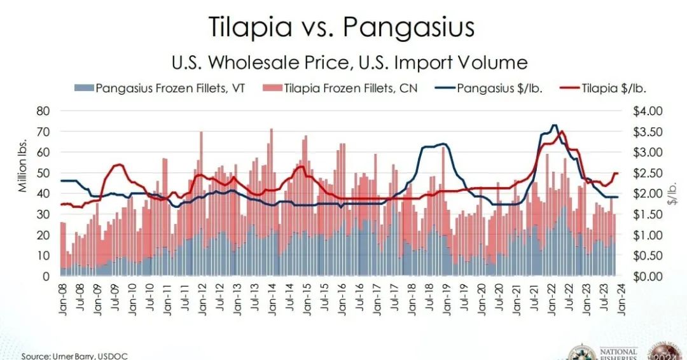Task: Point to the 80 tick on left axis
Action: pyautogui.click(x=43, y=111)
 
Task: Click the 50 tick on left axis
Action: pyautogui.click(x=43, y=173)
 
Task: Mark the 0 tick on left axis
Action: pyautogui.click(x=46, y=277)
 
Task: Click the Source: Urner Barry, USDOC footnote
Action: pyautogui.click(x=74, y=356)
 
